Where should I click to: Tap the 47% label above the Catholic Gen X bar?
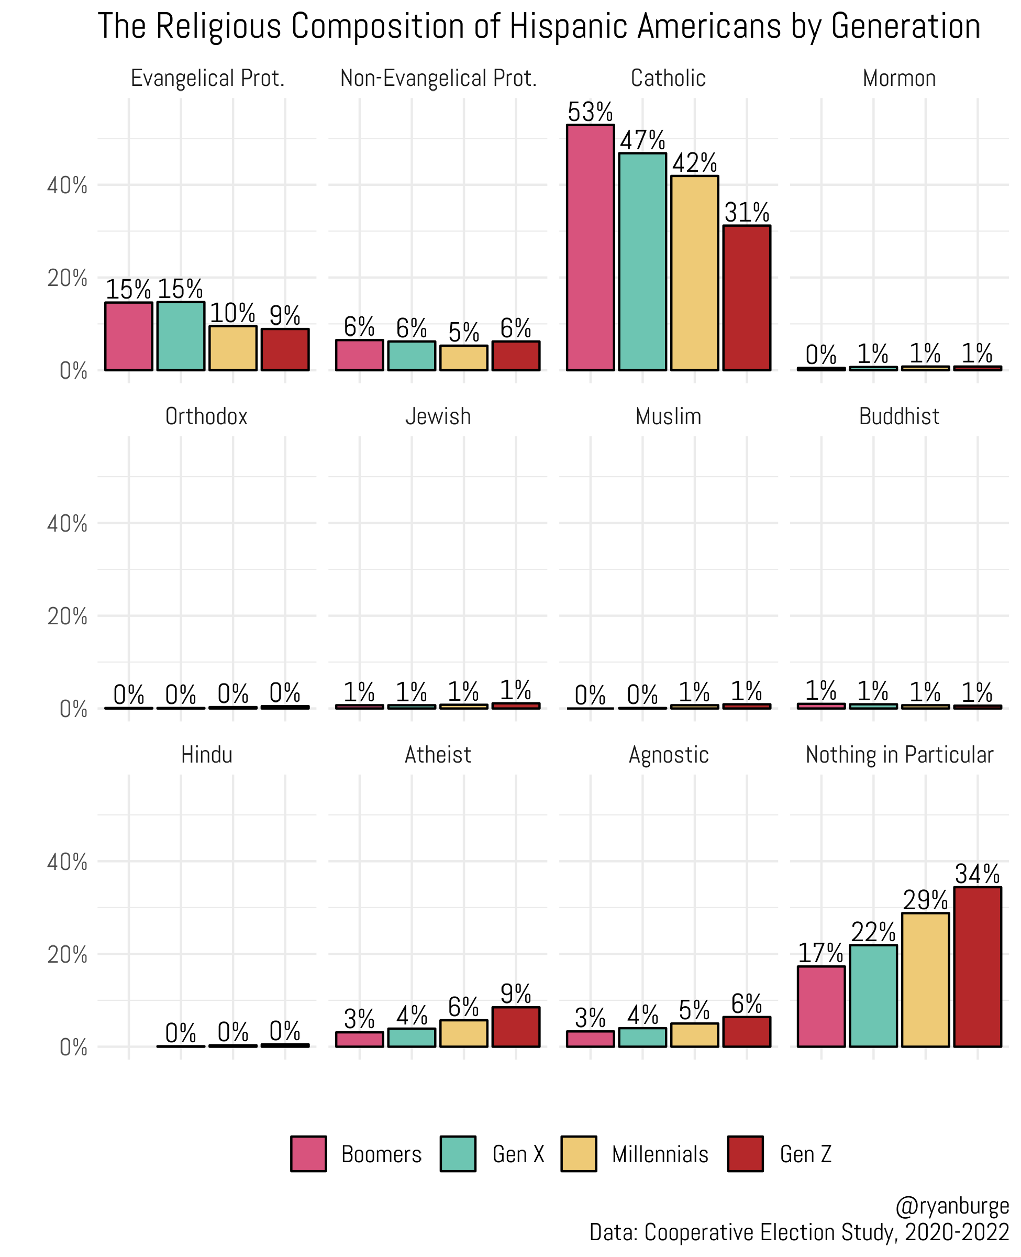(642, 140)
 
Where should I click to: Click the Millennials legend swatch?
(578, 1154)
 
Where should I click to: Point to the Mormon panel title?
(898, 78)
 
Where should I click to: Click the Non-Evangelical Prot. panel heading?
(438, 78)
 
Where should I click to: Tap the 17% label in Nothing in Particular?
(820, 953)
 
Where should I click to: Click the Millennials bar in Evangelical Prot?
(233, 348)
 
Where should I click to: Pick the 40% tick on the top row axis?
(67, 185)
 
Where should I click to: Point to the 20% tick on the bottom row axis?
(67, 954)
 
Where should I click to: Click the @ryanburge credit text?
(951, 1206)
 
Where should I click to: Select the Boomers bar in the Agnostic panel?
(590, 1039)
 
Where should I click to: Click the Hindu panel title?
(206, 755)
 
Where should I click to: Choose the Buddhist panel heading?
(898, 416)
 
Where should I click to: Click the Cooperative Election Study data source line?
(798, 1232)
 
